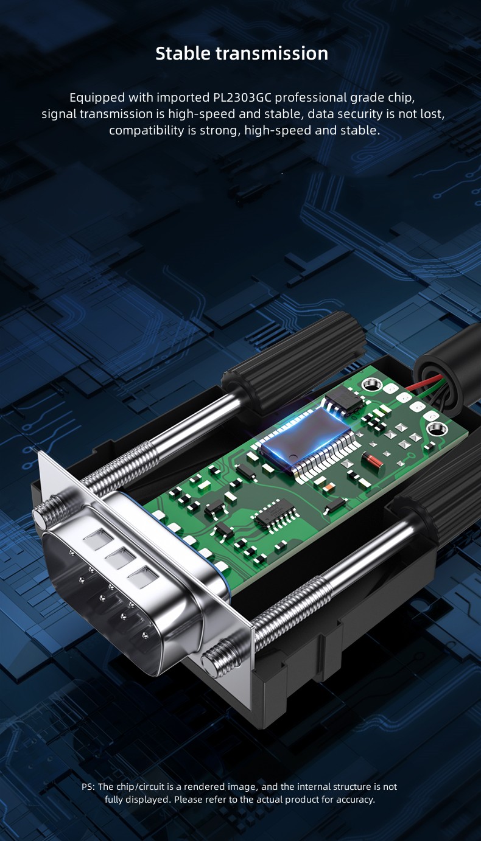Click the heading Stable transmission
(x=242, y=54)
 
